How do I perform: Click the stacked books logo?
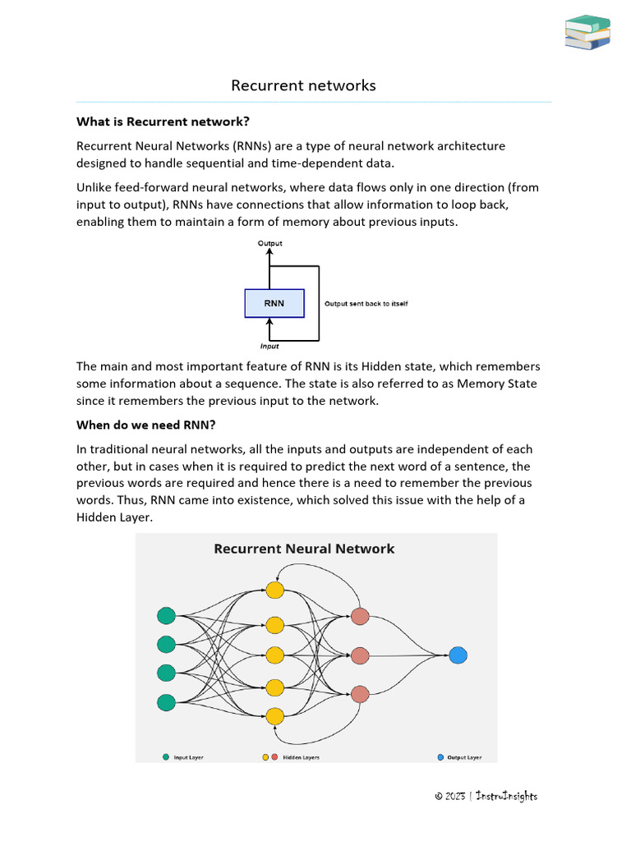tap(588, 32)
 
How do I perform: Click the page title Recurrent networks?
tap(303, 85)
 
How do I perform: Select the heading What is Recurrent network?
tap(162, 122)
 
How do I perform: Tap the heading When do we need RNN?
tap(145, 425)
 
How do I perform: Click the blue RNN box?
tap(274, 303)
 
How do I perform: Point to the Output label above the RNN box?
tap(270, 244)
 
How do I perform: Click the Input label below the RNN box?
tap(269, 346)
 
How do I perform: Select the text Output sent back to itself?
tap(366, 304)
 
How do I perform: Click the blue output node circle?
tap(458, 655)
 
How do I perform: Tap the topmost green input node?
tap(166, 615)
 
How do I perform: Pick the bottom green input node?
tap(166, 702)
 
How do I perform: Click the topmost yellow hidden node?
tap(274, 590)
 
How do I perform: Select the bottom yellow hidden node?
tap(274, 715)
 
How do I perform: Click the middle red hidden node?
tap(359, 655)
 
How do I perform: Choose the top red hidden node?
tap(359, 616)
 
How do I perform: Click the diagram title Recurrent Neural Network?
tap(304, 549)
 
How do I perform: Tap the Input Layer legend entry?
tap(187, 757)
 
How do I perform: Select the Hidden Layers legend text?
tap(301, 757)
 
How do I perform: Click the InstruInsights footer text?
tap(504, 796)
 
